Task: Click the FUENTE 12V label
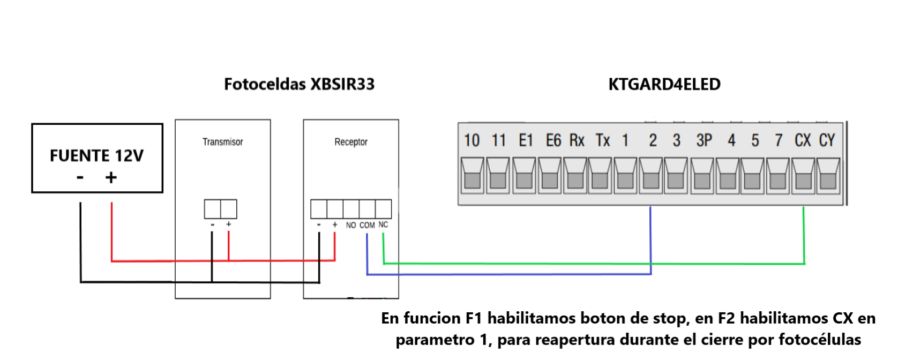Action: click(96, 155)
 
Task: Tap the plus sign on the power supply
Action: click(111, 177)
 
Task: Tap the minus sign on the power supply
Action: click(80, 177)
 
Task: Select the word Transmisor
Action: click(222, 142)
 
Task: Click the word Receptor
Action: click(351, 142)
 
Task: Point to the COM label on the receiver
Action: click(367, 226)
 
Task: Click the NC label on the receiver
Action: click(383, 224)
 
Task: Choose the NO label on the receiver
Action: click(351, 226)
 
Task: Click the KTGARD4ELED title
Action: click(664, 84)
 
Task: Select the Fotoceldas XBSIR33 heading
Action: click(299, 84)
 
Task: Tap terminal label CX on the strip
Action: click(803, 140)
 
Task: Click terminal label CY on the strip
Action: click(827, 140)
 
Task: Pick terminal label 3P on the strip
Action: click(704, 140)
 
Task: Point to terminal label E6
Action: click(553, 140)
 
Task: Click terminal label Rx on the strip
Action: click(577, 140)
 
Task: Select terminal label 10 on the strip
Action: click(472, 140)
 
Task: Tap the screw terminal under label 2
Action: click(650, 176)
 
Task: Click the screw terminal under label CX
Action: click(803, 176)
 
